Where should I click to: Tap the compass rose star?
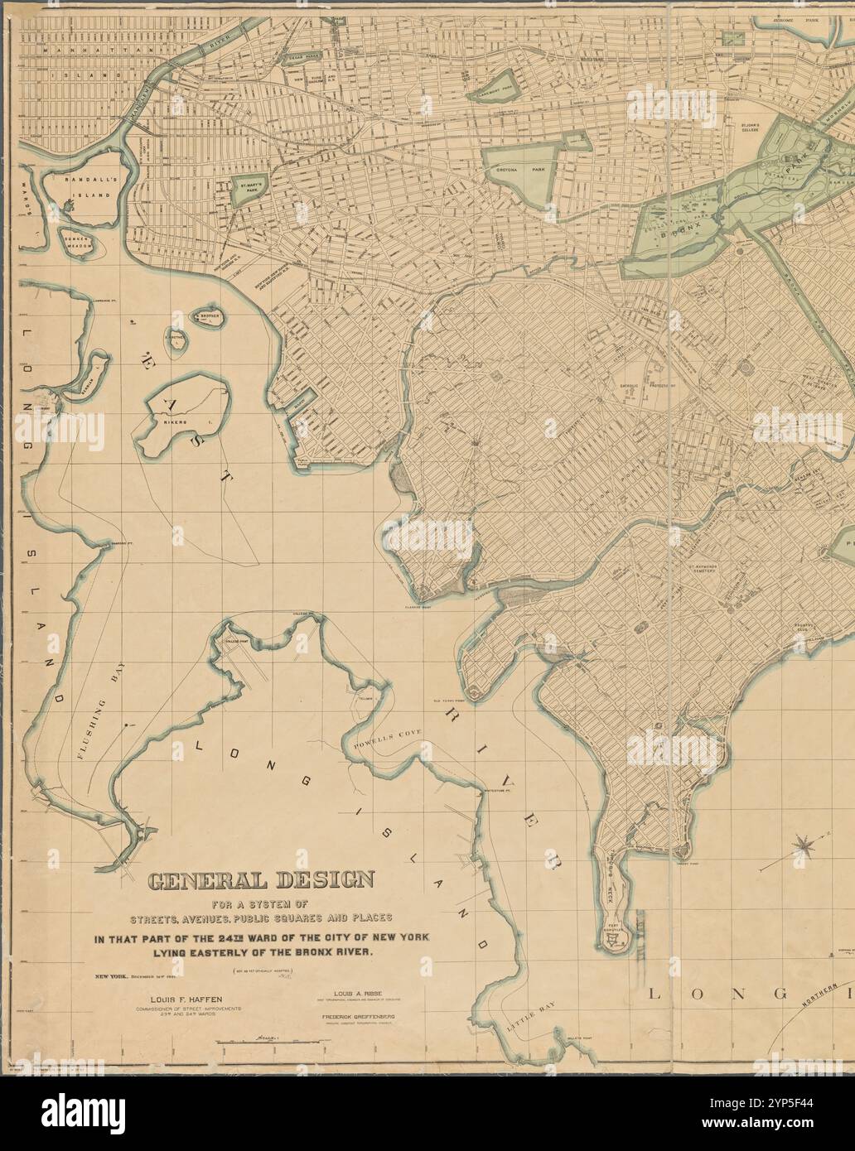(x=801, y=845)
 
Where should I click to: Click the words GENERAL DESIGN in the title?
(x=261, y=879)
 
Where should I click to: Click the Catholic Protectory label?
(x=650, y=385)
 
